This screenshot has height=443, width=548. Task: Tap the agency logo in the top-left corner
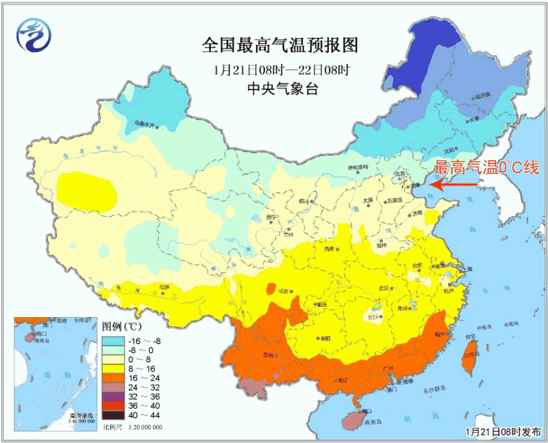tap(35, 35)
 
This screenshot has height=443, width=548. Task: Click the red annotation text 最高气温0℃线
tap(486, 168)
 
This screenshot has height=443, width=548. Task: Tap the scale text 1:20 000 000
tap(142, 427)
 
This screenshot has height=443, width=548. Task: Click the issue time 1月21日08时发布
tap(502, 432)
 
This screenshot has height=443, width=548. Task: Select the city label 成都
tap(284, 292)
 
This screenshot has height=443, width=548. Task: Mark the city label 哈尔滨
tap(483, 96)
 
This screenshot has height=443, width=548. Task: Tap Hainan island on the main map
tap(356, 419)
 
